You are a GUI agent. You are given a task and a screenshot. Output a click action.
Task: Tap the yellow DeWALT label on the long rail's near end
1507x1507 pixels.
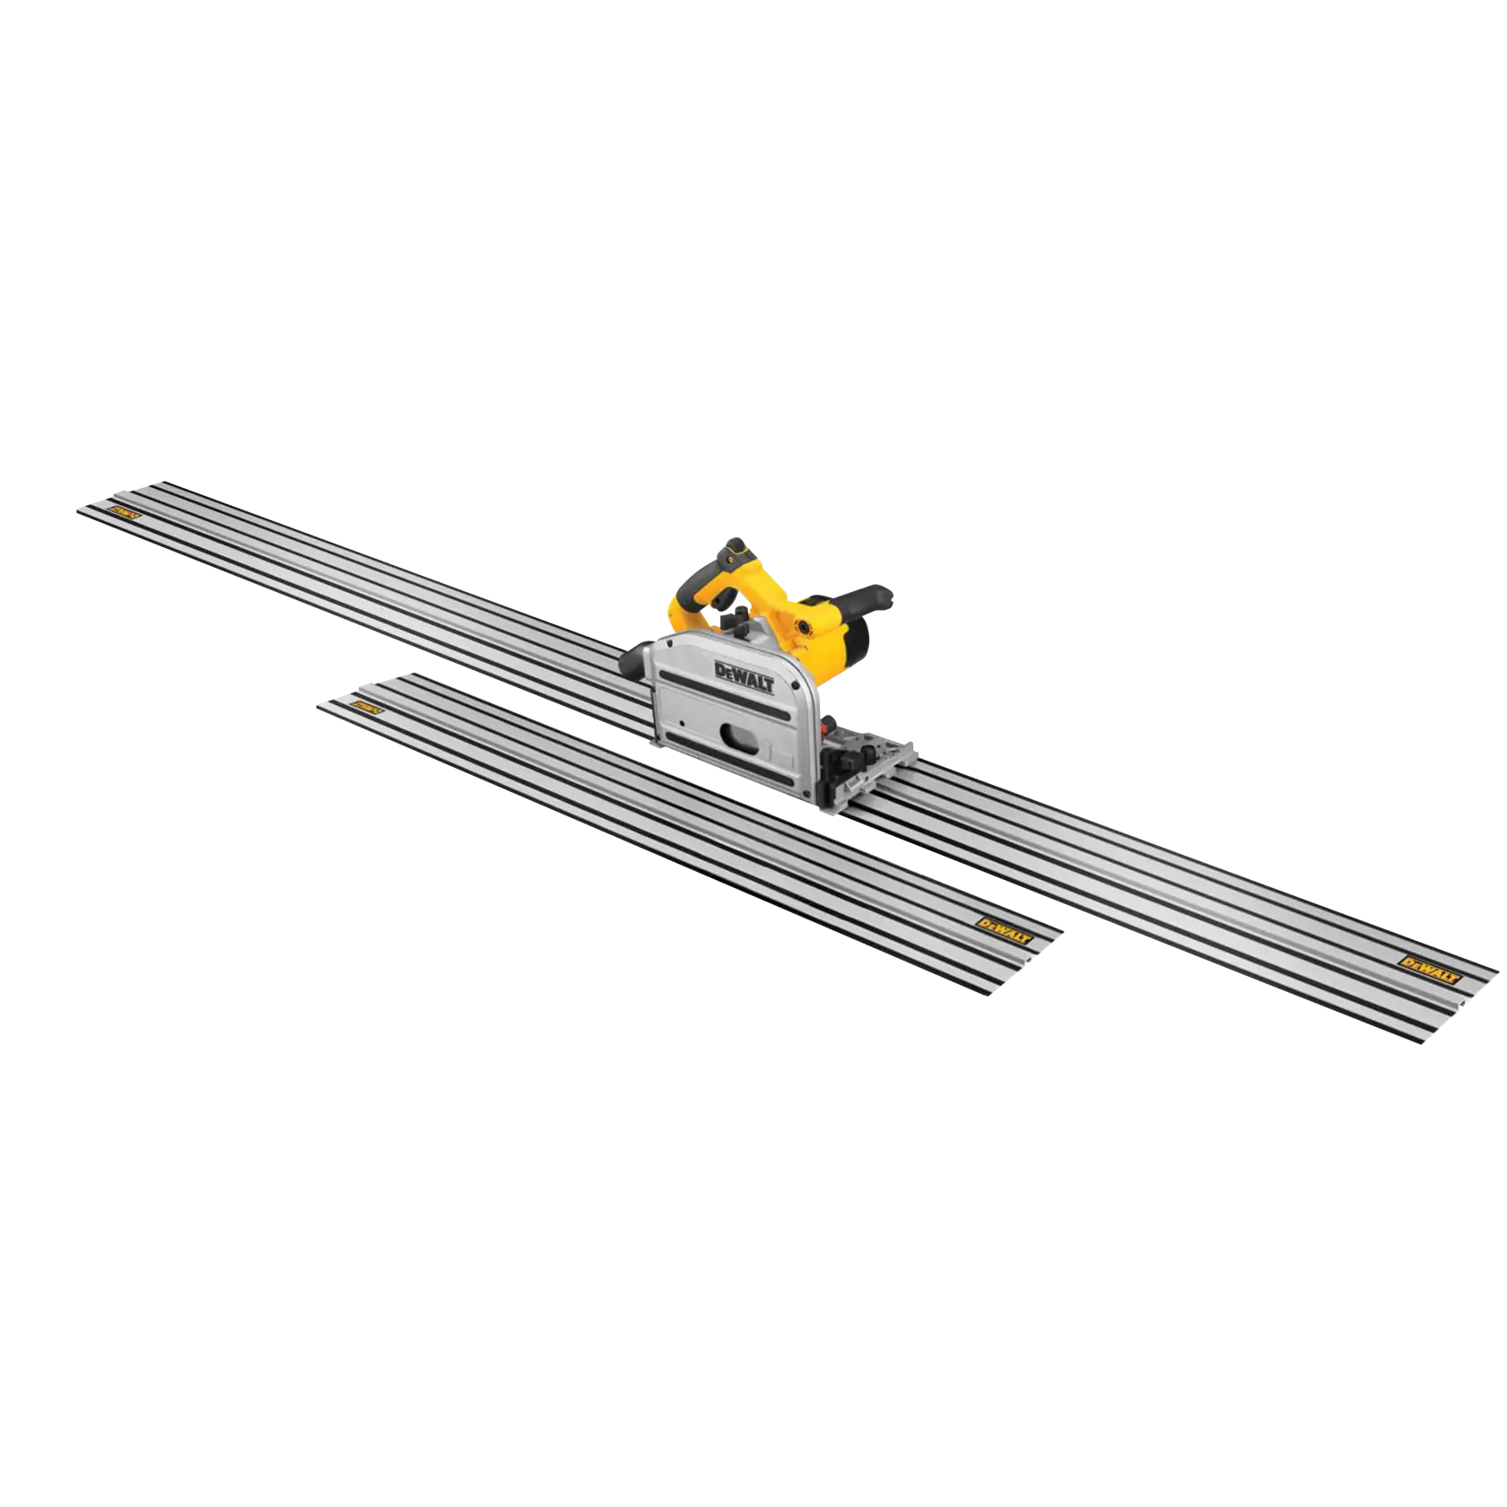click(1431, 965)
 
